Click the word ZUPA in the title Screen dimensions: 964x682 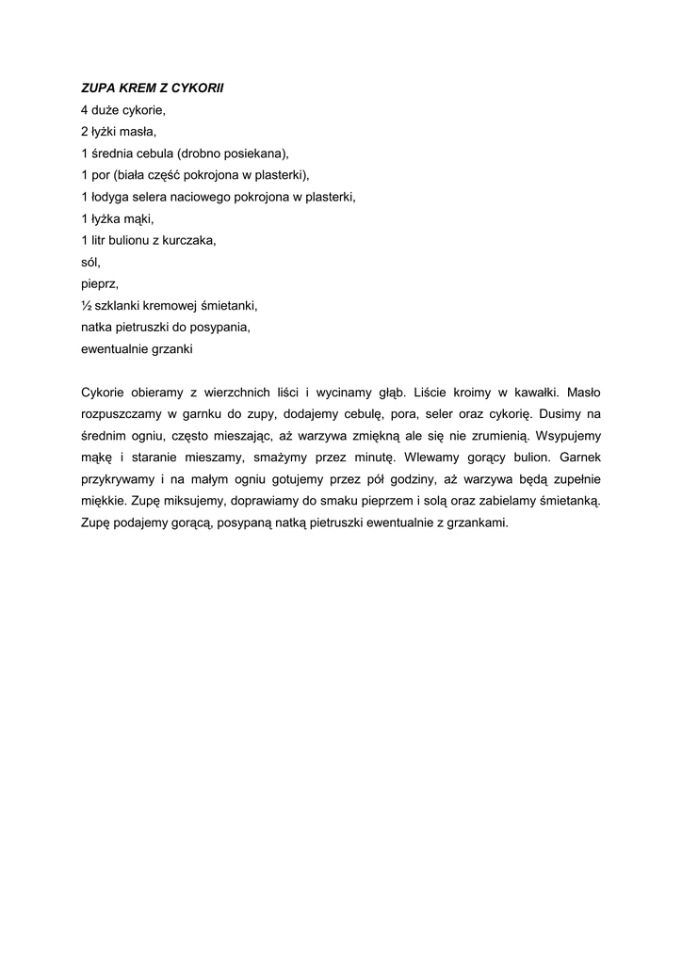point(98,88)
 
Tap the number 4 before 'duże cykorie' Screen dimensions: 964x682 point(85,110)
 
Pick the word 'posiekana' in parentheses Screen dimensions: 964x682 point(250,153)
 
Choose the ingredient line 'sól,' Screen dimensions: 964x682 point(90,262)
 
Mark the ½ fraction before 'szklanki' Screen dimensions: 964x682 point(86,305)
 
